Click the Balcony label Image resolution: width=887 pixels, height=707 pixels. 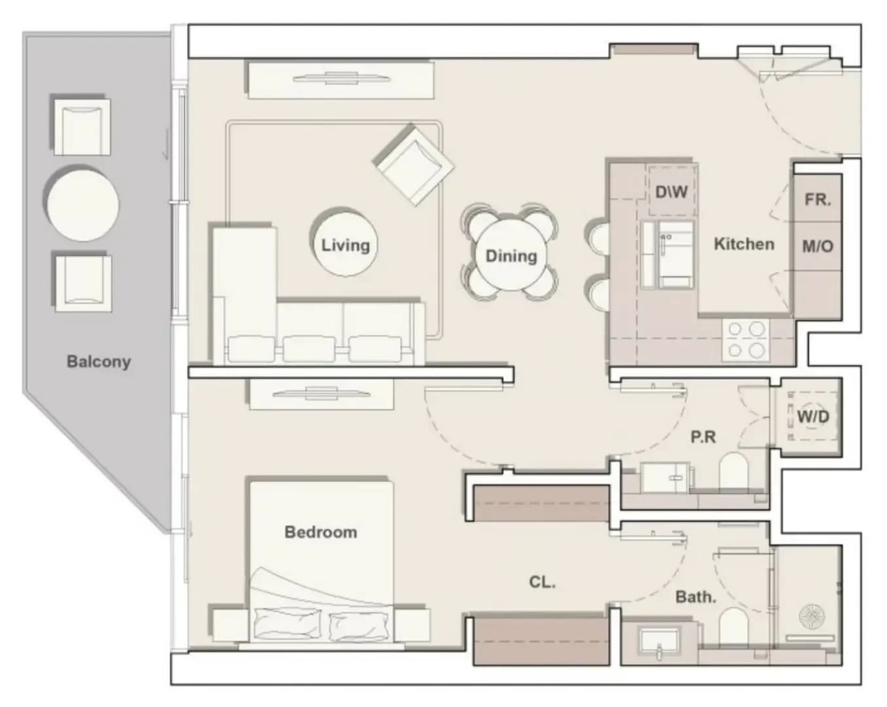pyautogui.click(x=98, y=361)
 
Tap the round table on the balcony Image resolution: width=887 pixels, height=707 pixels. pyautogui.click(x=83, y=204)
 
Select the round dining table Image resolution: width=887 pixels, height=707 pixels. pyautogui.click(x=511, y=255)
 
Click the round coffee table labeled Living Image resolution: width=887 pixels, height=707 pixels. pyautogui.click(x=345, y=245)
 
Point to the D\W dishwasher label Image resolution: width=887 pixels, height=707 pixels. pyautogui.click(x=672, y=192)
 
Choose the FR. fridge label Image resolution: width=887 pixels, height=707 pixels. pyautogui.click(x=818, y=200)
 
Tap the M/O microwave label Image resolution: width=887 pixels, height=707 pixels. pyautogui.click(x=818, y=247)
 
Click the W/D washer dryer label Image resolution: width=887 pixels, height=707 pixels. pyautogui.click(x=813, y=416)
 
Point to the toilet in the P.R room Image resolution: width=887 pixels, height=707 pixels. pyautogui.click(x=733, y=471)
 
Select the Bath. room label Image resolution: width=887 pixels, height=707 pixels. pyautogui.click(x=696, y=596)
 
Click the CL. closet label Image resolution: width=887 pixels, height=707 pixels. pyautogui.click(x=543, y=582)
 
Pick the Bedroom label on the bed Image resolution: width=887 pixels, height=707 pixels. pyautogui.click(x=321, y=532)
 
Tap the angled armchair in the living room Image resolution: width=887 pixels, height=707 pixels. pyautogui.click(x=414, y=164)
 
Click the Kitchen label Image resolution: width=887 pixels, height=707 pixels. pyautogui.click(x=744, y=244)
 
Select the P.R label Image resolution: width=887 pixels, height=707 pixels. pyautogui.click(x=703, y=437)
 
